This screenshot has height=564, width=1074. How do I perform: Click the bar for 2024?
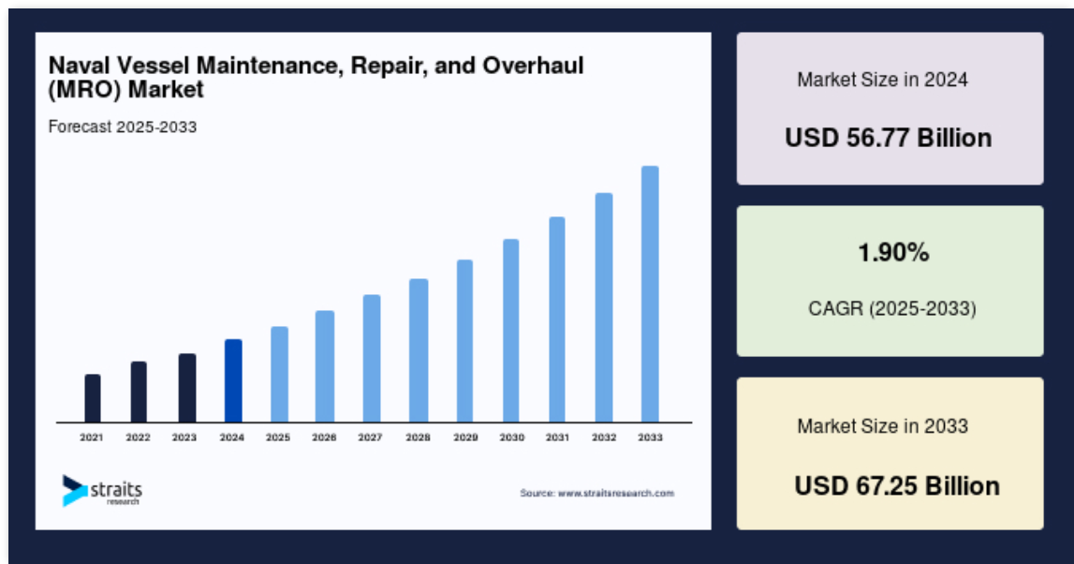(233, 380)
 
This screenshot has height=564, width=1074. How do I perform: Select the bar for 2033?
(650, 294)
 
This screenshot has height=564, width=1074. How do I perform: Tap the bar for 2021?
(93, 398)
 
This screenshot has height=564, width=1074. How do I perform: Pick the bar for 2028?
(419, 350)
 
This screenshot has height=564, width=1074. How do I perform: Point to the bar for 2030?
(511, 331)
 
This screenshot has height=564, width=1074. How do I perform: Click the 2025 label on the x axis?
(278, 438)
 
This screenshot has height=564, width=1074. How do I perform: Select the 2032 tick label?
(604, 438)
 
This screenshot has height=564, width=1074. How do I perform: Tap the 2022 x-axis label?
(138, 438)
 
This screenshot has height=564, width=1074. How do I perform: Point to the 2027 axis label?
(371, 438)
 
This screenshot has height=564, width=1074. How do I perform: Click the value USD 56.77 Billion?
(889, 138)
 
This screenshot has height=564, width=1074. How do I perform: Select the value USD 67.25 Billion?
(897, 486)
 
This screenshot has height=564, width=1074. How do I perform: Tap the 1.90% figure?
(893, 253)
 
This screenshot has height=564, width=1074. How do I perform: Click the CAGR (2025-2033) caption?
(892, 308)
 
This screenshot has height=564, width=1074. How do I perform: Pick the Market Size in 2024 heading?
(882, 80)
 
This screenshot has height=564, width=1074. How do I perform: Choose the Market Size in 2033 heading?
(882, 426)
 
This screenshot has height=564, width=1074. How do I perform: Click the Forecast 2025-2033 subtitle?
(123, 126)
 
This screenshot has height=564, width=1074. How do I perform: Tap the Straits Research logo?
(101, 491)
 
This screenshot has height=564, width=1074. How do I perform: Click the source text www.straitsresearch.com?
(616, 493)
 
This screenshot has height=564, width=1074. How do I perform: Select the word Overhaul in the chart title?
(533, 66)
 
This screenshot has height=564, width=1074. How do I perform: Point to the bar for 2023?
(187, 388)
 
